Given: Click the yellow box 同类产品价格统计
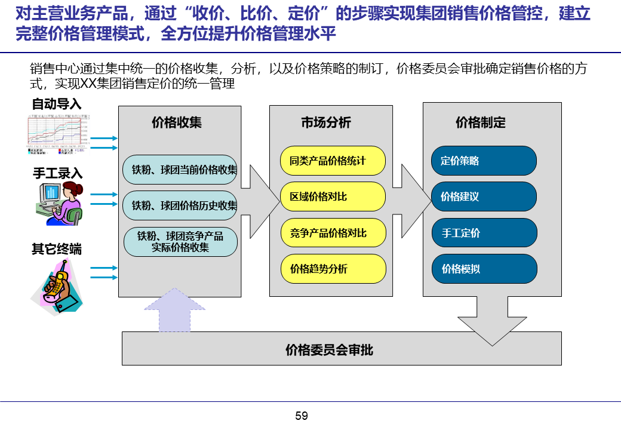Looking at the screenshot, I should point(333,161).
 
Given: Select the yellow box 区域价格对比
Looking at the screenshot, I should point(333,196).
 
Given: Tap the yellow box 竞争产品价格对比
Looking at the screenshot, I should point(333,233).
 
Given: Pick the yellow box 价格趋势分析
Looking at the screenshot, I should point(333,269).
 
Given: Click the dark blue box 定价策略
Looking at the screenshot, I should point(484,161).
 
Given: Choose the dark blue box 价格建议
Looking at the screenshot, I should point(484,196).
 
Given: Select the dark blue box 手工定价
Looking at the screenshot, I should point(484,233).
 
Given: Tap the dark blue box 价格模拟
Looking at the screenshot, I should point(484,269).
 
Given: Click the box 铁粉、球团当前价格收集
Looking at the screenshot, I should point(180,170).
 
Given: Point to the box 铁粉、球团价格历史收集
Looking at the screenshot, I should point(180,205).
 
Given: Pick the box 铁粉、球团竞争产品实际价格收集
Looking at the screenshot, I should point(180,242).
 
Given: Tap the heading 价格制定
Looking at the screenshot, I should point(480,123).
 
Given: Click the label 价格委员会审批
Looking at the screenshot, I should point(330,349).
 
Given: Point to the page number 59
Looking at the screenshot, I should point(302,416).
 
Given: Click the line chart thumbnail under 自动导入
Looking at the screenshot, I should point(57,133).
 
